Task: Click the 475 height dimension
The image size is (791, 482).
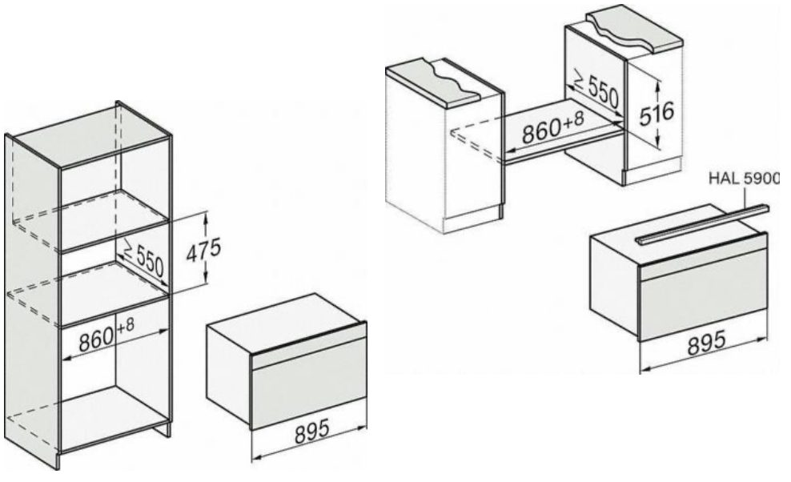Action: point(203,251)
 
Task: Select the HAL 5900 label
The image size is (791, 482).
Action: point(744,179)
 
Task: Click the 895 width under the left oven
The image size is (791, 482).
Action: point(311,431)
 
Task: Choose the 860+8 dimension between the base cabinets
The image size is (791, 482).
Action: point(552,127)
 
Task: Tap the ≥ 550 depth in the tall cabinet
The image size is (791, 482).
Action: point(143,258)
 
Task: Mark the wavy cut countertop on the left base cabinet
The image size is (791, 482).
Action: point(434,81)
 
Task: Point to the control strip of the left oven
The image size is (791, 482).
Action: point(309,347)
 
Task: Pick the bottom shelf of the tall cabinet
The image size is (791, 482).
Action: point(114,417)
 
